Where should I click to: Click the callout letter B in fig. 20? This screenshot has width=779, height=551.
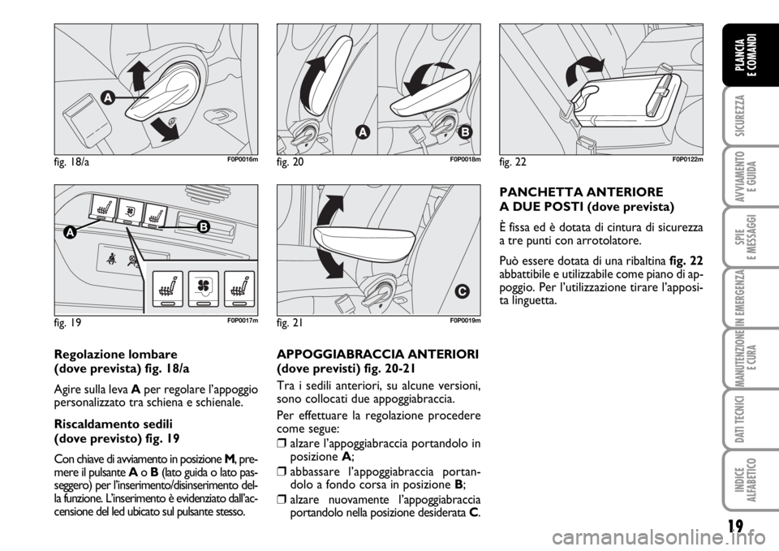coord(464,132)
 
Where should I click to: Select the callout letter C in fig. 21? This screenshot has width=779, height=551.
coord(461,291)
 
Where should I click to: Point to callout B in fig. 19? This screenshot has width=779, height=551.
coord(203,227)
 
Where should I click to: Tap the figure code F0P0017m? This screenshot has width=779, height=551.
coord(243,321)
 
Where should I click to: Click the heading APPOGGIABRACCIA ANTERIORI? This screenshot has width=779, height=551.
coord(377,355)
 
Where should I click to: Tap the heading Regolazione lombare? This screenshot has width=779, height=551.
coord(115,355)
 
